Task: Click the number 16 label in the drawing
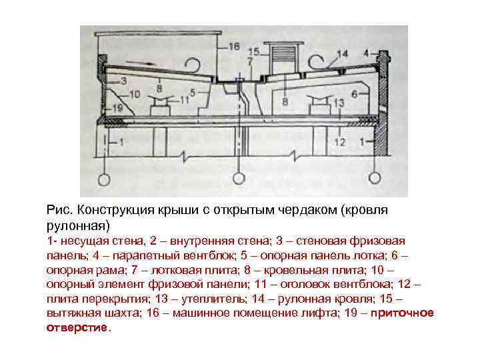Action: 233,46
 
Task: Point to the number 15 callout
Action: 253,51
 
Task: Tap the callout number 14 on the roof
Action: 343,53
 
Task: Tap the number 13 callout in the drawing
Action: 338,102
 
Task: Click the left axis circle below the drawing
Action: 104,179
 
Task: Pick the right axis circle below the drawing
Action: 375,179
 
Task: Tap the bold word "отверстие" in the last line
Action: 77,328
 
